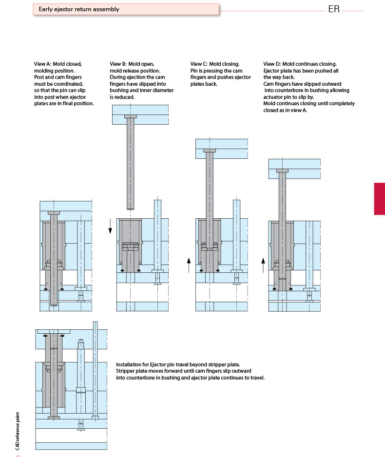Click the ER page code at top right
334,10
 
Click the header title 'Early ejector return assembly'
79,9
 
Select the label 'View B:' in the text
118,64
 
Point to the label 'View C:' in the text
198,64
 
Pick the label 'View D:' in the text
272,64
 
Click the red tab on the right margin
379,198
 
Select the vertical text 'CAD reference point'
18,431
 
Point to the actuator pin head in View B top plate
131,117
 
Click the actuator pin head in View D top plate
282,171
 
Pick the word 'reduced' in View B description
125,97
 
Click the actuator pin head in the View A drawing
54,213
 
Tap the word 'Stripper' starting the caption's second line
125,371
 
